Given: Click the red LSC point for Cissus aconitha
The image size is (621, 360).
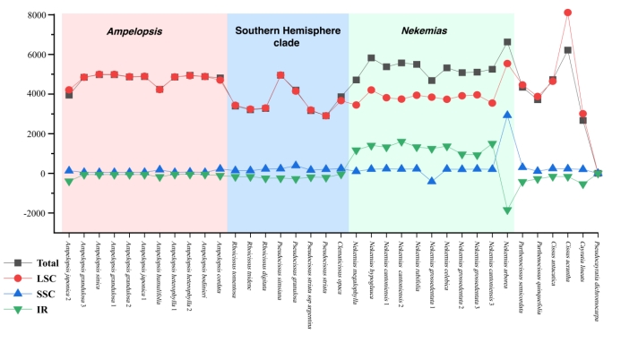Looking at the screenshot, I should coord(567,13).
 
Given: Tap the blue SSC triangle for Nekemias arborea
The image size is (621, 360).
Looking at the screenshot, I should coord(507,115).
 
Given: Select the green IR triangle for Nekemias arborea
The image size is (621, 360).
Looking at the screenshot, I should coord(507,210).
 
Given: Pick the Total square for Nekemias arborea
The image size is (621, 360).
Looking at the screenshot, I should coord(507,42).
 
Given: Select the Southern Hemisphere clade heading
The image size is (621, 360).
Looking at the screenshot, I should coord(287,37).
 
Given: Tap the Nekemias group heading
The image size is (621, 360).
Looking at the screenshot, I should coord(424,30).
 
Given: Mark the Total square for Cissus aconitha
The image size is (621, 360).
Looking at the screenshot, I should coord(567,50).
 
